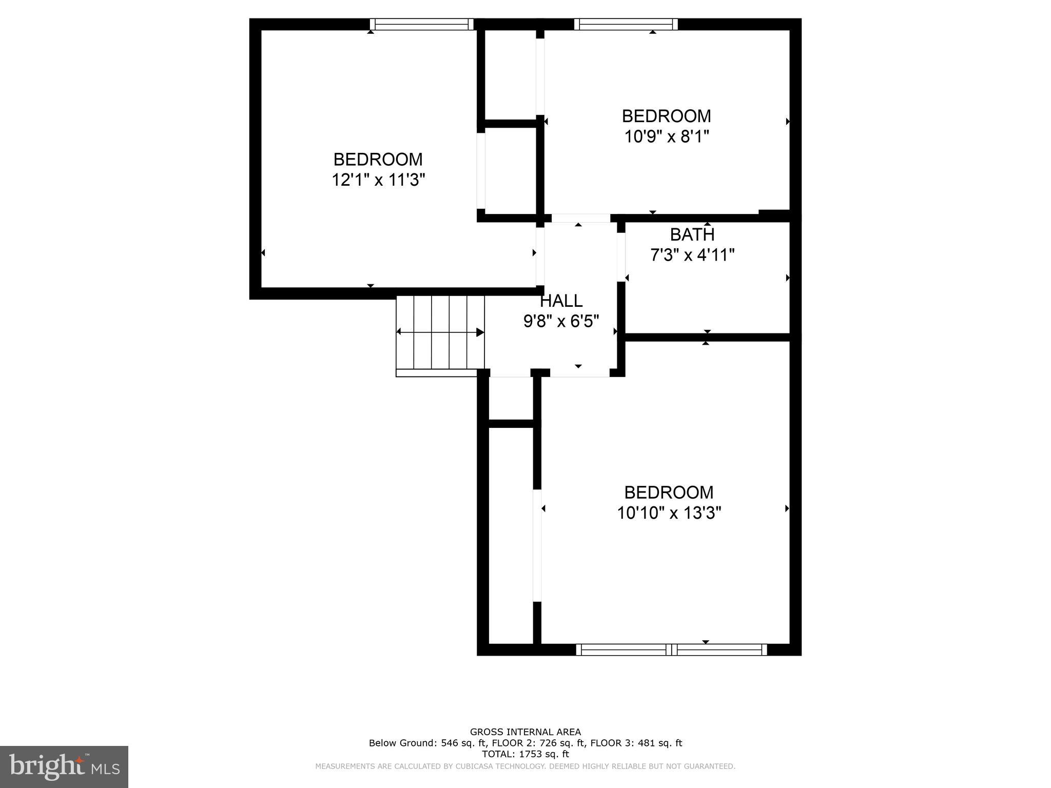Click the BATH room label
(x=692, y=235)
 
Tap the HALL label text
(x=561, y=301)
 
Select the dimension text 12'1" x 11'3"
(x=378, y=180)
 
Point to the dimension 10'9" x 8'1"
(x=666, y=136)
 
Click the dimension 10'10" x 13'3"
(x=669, y=513)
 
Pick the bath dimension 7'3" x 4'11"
(x=692, y=255)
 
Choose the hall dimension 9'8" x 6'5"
(x=561, y=322)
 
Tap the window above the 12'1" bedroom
(x=421, y=24)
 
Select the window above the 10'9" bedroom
(x=626, y=24)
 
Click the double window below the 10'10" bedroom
(x=671, y=649)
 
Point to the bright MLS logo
(x=64, y=766)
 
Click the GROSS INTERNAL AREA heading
(x=525, y=732)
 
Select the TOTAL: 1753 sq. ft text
(x=525, y=754)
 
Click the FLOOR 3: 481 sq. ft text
(x=636, y=743)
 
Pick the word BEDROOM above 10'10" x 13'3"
(x=669, y=493)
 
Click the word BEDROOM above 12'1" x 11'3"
(x=378, y=160)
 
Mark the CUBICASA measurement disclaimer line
(x=525, y=766)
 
